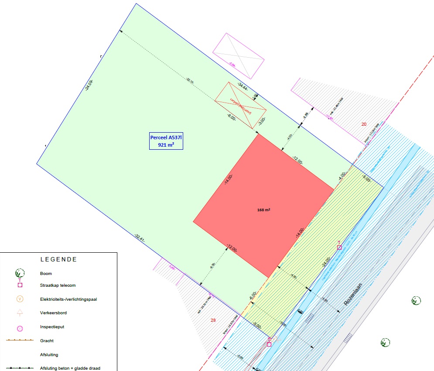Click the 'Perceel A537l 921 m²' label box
pos(166,141)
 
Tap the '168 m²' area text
pos(263,210)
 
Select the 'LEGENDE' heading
pos(58,259)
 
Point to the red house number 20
pos(364,124)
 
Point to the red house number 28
pos(213,320)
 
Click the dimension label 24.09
pos(89,85)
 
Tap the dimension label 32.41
pos(140,240)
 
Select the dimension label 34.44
pos(243,86)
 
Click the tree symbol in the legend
pos(20,274)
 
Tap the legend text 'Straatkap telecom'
pos(58,285)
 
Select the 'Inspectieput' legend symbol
pos(20,327)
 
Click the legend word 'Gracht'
pos(47,340)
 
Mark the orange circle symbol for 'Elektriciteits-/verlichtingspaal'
pos(20,299)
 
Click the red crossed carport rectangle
pos(240,105)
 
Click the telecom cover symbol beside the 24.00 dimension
pos(339,247)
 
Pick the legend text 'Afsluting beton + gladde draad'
pos(70,368)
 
